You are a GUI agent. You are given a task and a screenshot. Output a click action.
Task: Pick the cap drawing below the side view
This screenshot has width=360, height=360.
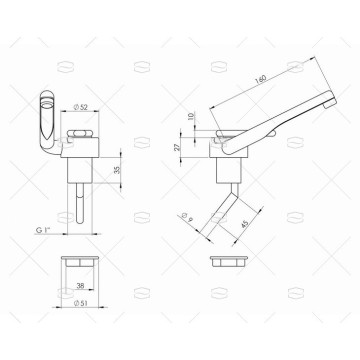click(x=232, y=261)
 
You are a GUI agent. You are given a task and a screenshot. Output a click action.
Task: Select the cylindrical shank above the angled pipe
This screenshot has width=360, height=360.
click(x=226, y=174)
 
